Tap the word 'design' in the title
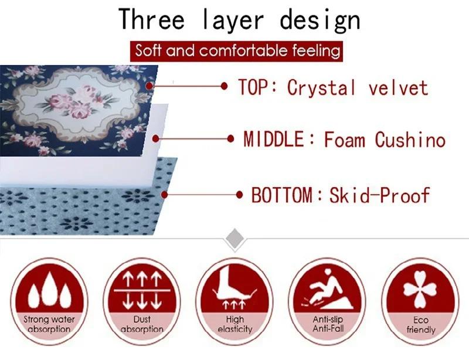320,19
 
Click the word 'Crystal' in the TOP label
321,88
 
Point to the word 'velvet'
398,88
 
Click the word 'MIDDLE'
274,140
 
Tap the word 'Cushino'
410,140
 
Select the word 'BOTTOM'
281,195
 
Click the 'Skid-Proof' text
379,195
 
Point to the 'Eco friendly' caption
420,325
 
